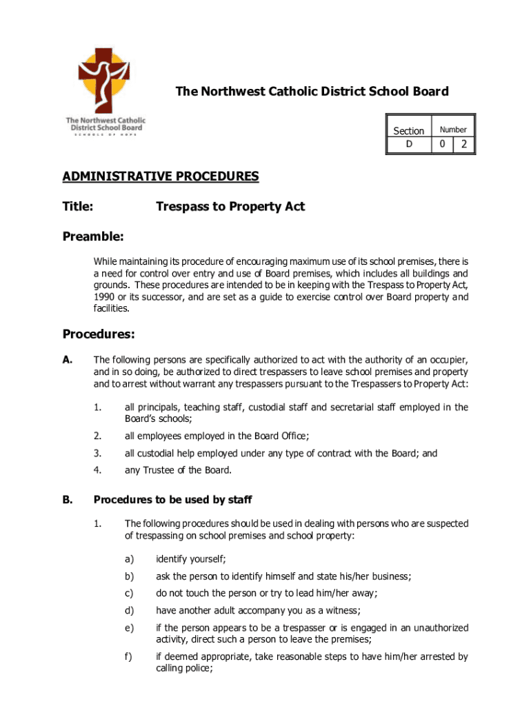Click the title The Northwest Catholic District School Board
[x=312, y=92]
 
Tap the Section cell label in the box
[x=408, y=130]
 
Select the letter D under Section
[x=408, y=144]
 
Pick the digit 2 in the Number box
[x=464, y=144]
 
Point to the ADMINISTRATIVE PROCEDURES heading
[x=161, y=176]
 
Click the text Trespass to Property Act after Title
[x=230, y=206]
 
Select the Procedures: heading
[x=99, y=334]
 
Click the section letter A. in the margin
[x=67, y=360]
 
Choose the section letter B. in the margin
[x=67, y=499]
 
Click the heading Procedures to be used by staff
[x=177, y=499]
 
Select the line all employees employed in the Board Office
[x=217, y=435]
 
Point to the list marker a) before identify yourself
[x=129, y=558]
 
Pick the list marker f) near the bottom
[x=128, y=656]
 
